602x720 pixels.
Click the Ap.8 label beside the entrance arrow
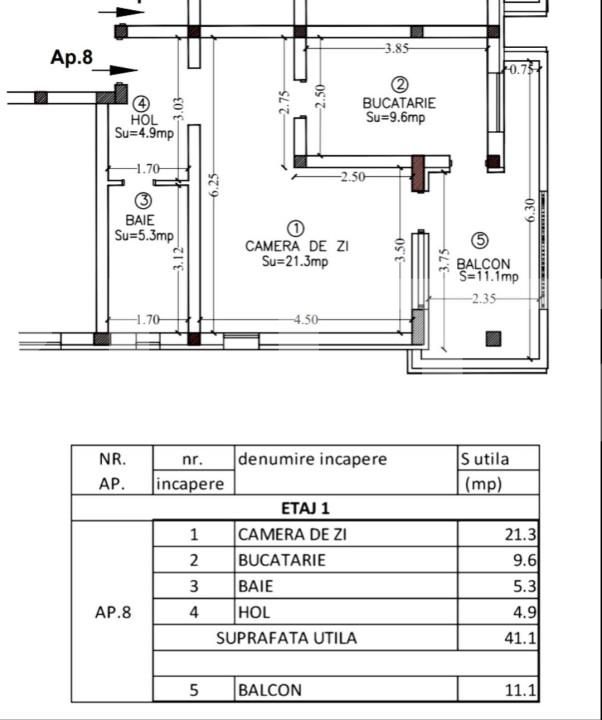(71, 58)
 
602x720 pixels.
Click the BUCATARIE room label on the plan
(399, 103)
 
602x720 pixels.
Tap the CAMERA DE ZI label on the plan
(297, 246)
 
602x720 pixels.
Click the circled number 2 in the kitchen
(400, 86)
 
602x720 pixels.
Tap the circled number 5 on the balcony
(480, 240)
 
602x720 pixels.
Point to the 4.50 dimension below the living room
(305, 320)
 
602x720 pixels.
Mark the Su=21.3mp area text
(295, 262)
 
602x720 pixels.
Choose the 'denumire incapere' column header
(312, 460)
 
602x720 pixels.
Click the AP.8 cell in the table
(112, 612)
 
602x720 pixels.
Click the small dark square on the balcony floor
(493, 339)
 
